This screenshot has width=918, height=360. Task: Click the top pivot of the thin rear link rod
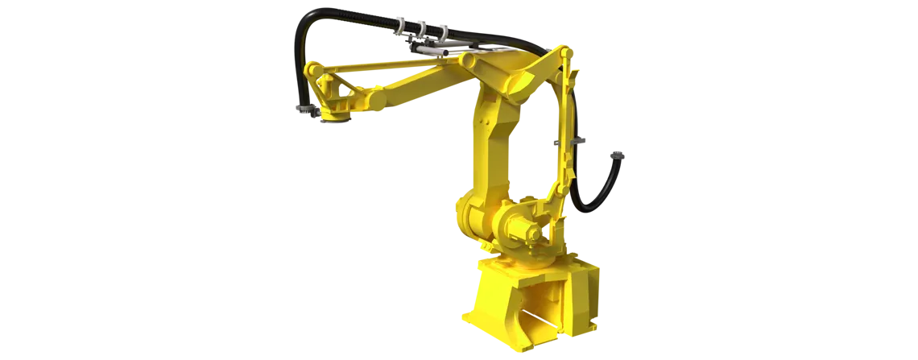tap(566, 55)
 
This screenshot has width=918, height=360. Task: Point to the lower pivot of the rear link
tap(556, 193)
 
